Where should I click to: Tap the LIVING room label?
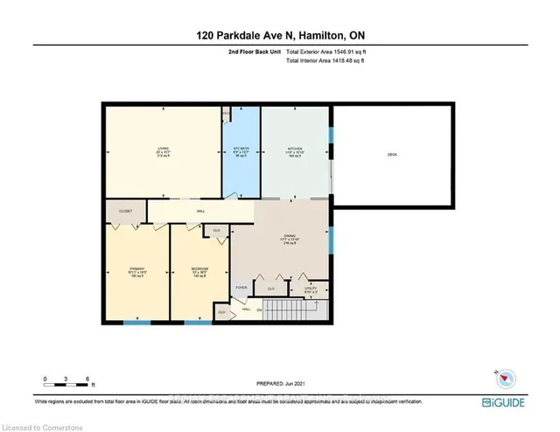[163, 150]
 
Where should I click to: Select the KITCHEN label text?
[294, 150]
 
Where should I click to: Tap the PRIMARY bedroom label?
[136, 268]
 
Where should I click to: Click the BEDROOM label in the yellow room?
[199, 268]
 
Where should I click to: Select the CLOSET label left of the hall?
[125, 211]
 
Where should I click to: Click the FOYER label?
[241, 286]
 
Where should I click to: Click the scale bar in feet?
[66, 381]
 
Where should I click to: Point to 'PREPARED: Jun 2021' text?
[279, 383]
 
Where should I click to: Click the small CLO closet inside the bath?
[226, 114]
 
